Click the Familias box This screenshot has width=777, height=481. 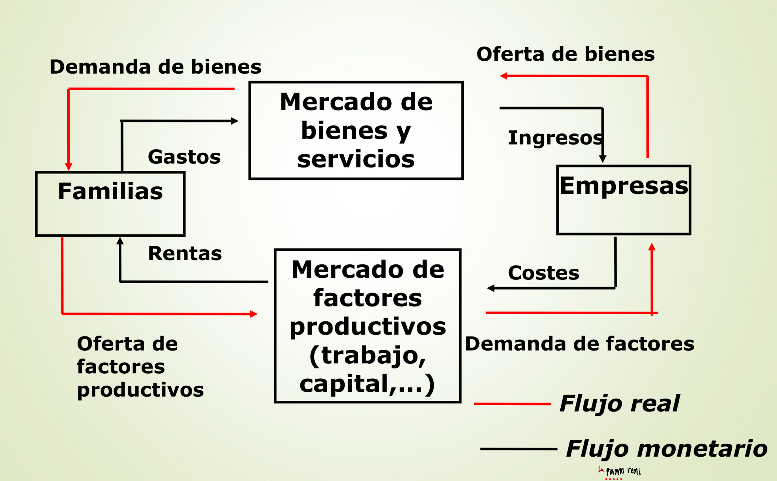click(110, 204)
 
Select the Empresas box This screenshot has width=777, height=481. click(624, 200)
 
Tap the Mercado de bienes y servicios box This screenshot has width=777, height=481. click(356, 131)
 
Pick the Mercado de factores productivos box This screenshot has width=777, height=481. click(368, 326)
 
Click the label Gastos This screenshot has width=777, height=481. click(184, 157)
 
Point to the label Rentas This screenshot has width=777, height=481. click(185, 254)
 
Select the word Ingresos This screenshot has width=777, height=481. click(555, 138)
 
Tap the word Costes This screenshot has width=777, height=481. click(543, 273)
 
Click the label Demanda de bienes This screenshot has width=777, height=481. click(155, 67)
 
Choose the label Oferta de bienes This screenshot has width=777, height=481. click(565, 54)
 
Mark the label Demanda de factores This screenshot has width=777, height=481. click(580, 344)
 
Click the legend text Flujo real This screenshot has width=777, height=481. click(619, 403)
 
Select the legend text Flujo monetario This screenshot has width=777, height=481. click(666, 449)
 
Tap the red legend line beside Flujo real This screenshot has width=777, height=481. click(512, 404)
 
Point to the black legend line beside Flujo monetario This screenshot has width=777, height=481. click(518, 449)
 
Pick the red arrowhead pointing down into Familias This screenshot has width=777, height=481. click(69, 166)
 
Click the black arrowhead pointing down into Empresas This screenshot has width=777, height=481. click(602, 159)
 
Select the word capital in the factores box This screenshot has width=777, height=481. click(343, 384)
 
